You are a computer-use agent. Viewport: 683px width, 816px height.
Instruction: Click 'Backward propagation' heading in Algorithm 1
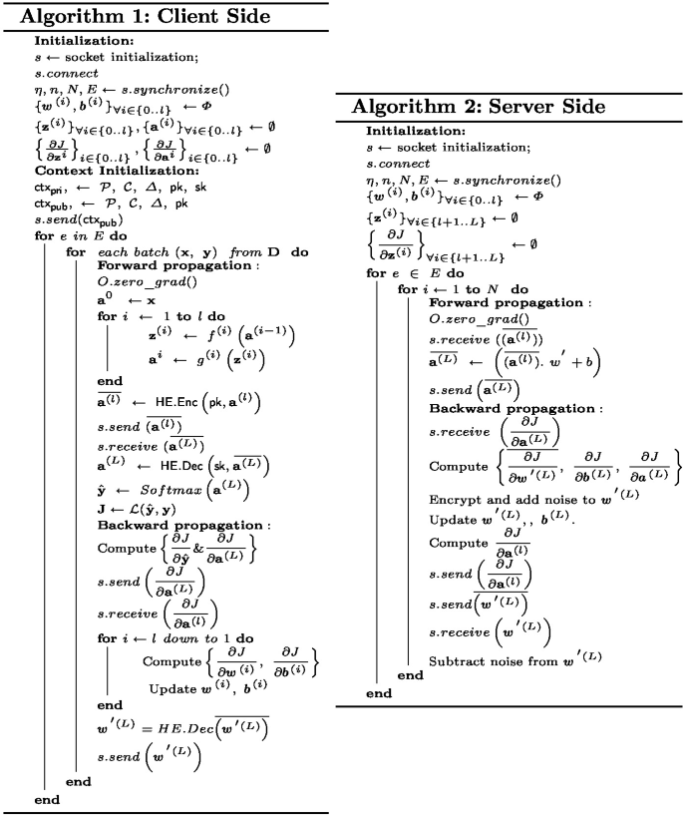tap(169, 525)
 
